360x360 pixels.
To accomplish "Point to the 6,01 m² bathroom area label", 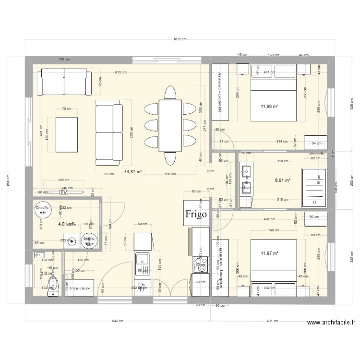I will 282,180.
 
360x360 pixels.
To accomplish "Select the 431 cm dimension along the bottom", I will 273,321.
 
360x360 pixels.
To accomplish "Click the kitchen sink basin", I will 143,262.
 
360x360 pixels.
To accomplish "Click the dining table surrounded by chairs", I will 170,125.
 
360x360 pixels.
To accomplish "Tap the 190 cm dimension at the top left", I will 64,59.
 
